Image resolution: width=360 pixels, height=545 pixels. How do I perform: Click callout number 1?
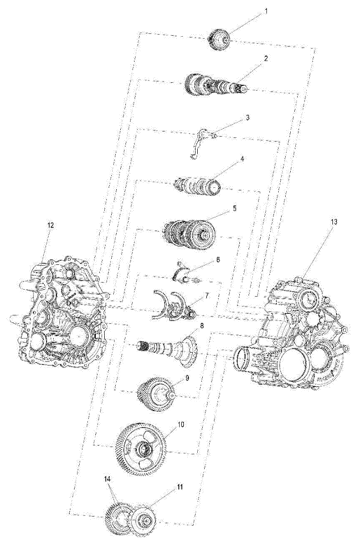coord(266,12)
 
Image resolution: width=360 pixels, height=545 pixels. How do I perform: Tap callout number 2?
coord(266,59)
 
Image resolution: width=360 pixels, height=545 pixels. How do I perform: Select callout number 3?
coord(247,118)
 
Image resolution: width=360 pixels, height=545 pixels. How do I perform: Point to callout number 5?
coord(234,209)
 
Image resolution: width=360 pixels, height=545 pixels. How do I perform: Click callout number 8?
coord(202,326)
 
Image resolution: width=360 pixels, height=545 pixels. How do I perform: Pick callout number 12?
coord(51,225)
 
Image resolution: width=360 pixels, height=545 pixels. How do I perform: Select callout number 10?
coord(181,424)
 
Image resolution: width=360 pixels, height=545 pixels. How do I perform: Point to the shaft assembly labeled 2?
coord(216,87)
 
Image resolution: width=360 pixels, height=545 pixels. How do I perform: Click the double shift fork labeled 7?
coord(174,306)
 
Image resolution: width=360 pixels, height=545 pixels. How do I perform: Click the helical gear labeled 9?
coord(156,394)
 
